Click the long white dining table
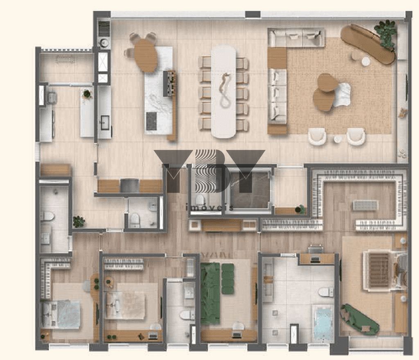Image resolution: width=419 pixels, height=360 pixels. coord(224,92)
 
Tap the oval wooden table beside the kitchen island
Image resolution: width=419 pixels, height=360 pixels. coord(145,56)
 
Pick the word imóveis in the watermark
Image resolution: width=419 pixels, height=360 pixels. coord(209,207)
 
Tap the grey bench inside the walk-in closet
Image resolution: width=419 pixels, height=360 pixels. coord(365,205)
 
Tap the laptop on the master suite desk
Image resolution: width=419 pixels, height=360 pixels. coord(315,259)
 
